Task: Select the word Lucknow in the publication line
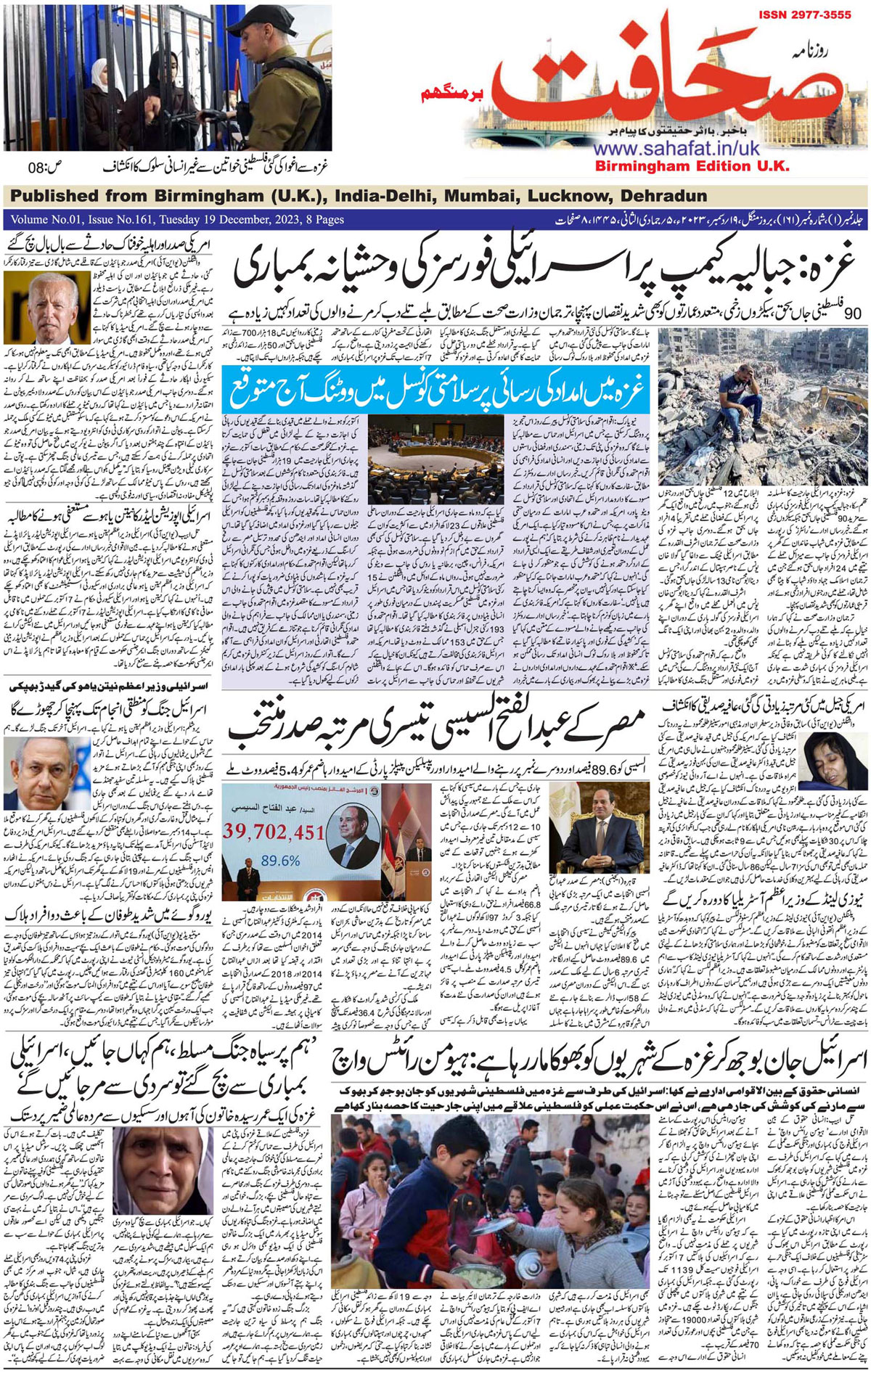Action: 565,196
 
